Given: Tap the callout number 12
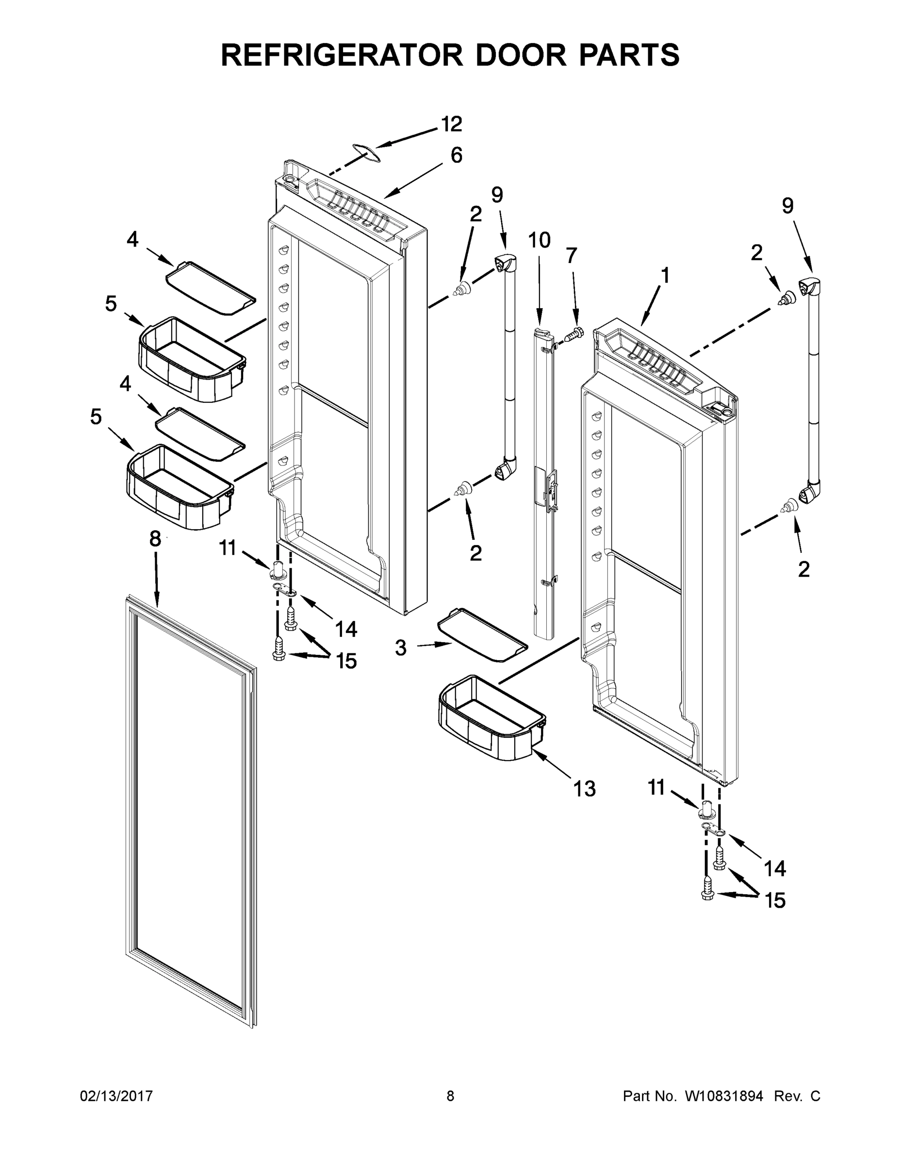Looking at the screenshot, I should pyautogui.click(x=451, y=124).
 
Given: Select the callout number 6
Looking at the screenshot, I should pyautogui.click(x=457, y=155).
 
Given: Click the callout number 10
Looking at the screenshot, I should pyautogui.click(x=539, y=241).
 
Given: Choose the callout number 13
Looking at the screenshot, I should pyautogui.click(x=584, y=788).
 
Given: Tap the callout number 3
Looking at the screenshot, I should pyautogui.click(x=401, y=649).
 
